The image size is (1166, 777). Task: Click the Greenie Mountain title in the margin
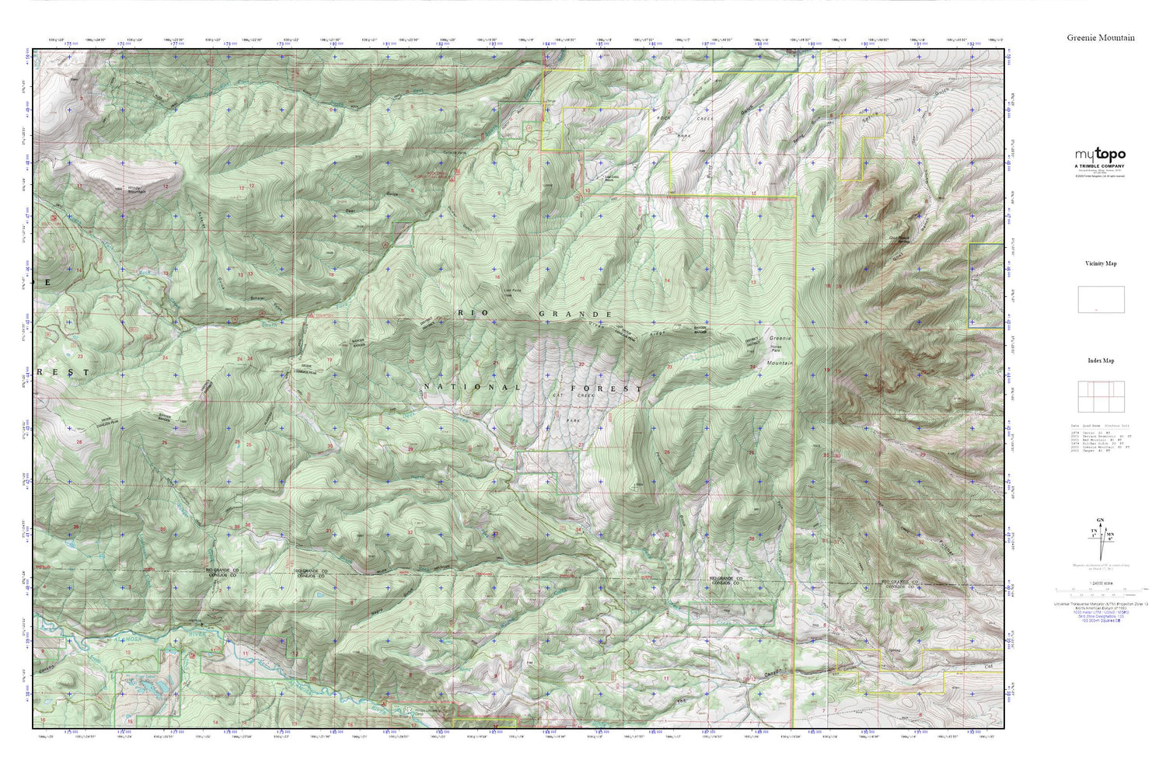click(1100, 37)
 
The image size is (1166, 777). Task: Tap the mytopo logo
click(1100, 155)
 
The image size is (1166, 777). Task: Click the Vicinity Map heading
click(1101, 263)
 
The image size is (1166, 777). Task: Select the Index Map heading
click(1101, 361)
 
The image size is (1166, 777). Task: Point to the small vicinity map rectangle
click(1101, 300)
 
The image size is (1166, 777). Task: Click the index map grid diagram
click(1101, 397)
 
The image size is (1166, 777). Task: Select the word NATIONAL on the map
click(471, 386)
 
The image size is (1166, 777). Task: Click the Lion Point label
click(511, 292)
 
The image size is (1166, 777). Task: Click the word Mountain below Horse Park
click(780, 363)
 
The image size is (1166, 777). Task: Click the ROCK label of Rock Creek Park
click(662, 118)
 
